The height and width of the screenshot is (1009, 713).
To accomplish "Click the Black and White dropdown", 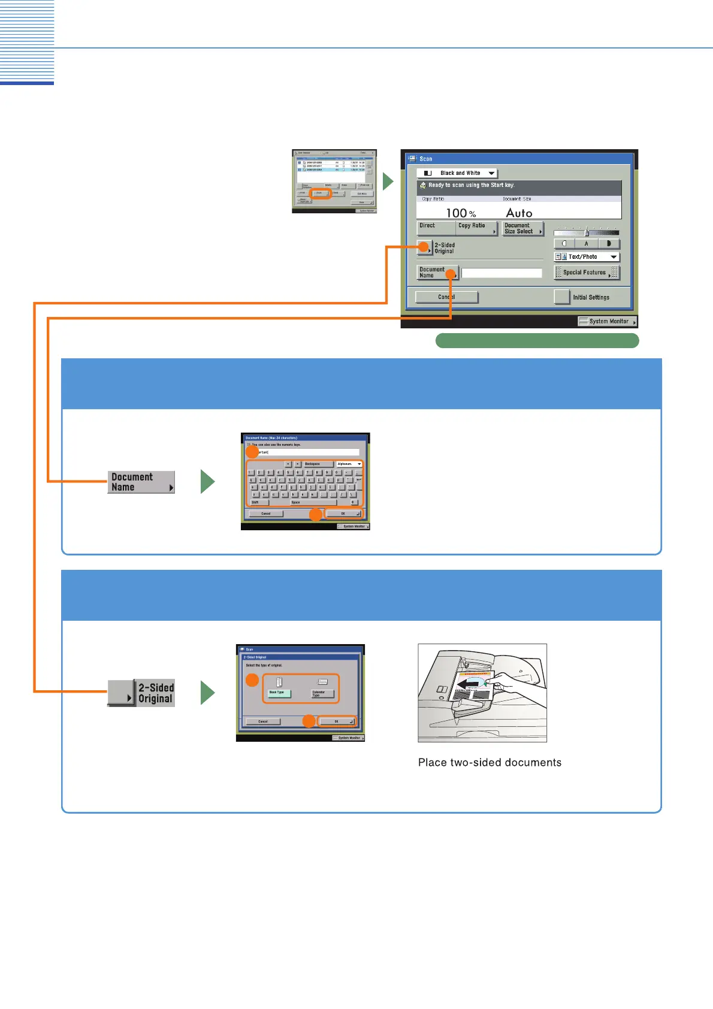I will coord(457,173).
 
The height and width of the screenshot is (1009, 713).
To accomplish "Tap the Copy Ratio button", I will coord(477,228).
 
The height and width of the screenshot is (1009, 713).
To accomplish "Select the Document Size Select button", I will coord(522,228).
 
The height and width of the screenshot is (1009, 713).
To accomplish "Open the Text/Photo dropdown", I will coord(587,256).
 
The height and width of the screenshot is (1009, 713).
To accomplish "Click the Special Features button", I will coord(587,273).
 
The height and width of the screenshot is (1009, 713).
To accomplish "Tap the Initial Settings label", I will coord(591,297).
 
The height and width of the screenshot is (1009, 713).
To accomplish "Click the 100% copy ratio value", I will coord(461,213).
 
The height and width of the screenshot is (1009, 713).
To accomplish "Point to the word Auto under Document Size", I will coord(519,213).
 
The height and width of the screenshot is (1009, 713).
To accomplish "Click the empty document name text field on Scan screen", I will coord(501,273).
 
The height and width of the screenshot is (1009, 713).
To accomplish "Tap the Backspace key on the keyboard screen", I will coord(318,464).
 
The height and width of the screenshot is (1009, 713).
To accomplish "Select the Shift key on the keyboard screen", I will coord(258,502).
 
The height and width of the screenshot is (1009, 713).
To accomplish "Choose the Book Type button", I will coord(278,693).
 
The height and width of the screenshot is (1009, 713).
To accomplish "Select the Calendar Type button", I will coord(322,693).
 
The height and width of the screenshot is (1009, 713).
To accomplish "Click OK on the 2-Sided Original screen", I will coord(337,721).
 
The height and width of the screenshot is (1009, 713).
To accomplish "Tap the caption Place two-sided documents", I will coord(490,763).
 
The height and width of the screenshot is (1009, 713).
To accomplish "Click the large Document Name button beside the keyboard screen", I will coord(141,482).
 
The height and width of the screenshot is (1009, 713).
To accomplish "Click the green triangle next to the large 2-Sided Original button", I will coord(207,693).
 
